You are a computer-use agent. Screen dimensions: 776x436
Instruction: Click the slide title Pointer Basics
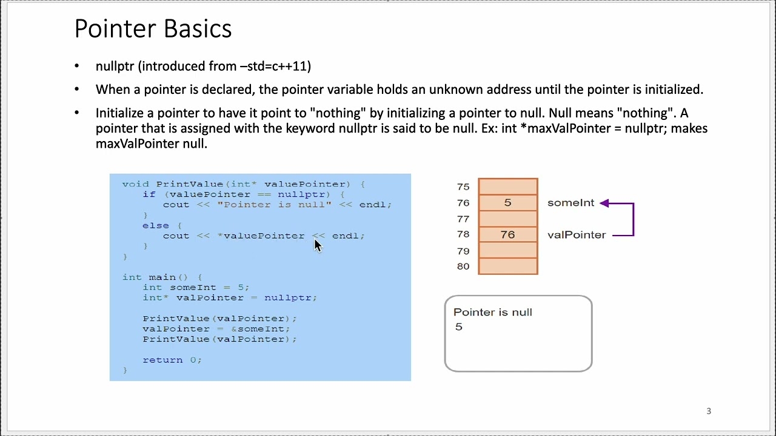pos(153,29)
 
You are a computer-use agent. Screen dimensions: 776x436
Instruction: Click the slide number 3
pos(709,411)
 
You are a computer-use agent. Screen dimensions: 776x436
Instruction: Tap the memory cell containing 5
pos(508,203)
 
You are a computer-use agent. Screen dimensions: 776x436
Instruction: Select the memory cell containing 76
pos(508,234)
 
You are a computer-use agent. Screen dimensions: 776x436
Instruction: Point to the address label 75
pos(463,187)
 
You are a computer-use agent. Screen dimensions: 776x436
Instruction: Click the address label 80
pos(463,266)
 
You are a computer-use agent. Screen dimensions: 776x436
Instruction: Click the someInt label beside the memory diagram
pos(570,203)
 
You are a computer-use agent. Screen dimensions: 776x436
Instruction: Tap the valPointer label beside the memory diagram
pos(576,235)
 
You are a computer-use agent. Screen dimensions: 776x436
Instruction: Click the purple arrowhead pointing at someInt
pos(604,203)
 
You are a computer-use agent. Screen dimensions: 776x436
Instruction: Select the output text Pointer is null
pos(492,312)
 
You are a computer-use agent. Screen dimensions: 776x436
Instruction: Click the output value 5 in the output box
pos(458,327)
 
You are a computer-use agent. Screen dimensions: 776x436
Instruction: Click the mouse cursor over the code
pos(317,244)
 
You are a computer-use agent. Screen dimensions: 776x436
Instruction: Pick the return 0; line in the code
pos(172,360)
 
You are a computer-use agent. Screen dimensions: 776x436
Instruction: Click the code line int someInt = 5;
pos(196,287)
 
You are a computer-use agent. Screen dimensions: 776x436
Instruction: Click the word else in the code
pos(155,225)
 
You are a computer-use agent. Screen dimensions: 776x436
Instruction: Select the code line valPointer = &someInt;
pos(216,329)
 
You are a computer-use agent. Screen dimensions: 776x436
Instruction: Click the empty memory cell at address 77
pos(508,219)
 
